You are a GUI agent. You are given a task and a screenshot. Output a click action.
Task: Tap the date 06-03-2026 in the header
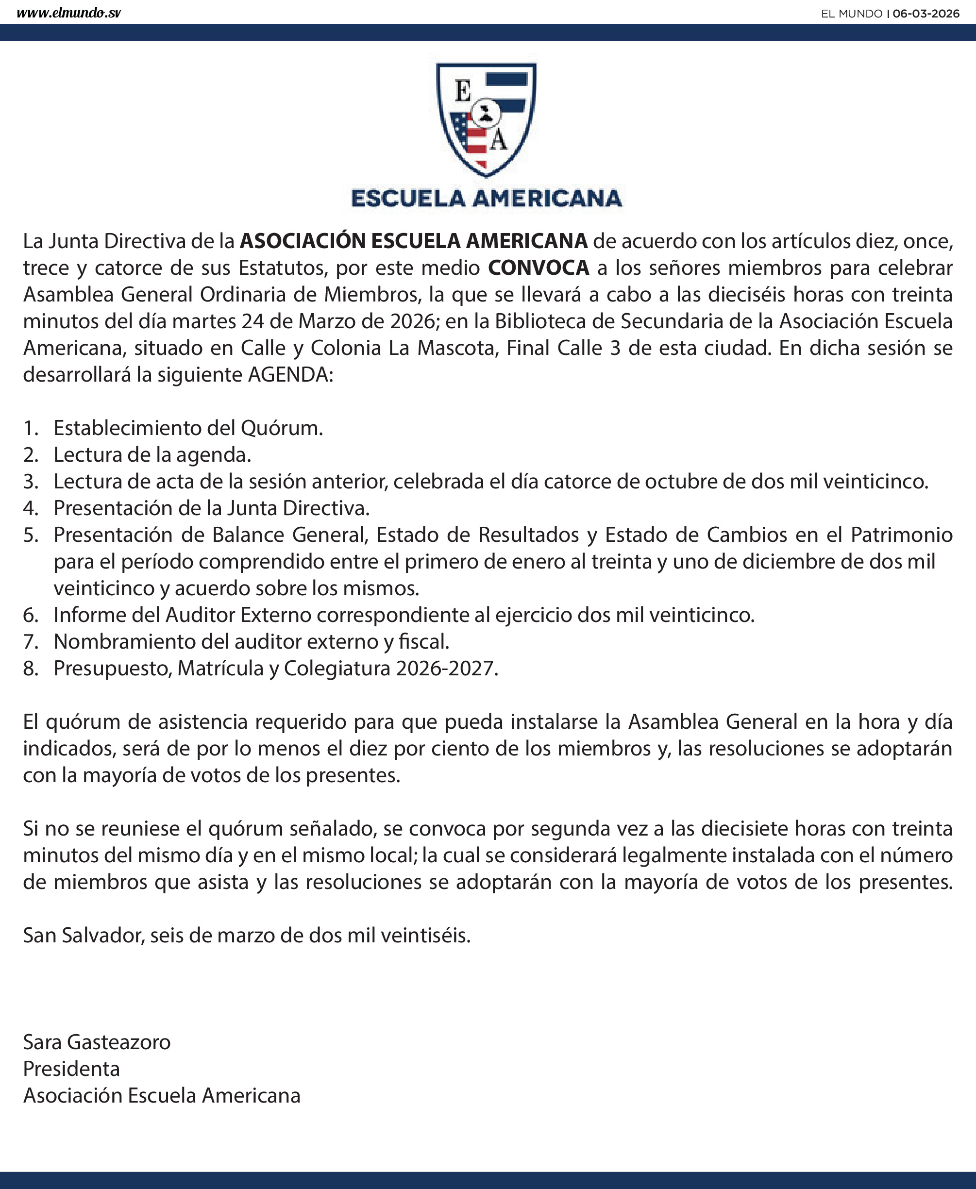tap(926, 14)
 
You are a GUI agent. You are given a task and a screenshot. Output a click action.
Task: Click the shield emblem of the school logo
tap(487, 118)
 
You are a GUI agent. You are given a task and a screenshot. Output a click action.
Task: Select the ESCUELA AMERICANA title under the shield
tap(487, 199)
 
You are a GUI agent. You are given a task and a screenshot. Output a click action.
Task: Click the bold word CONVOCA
tap(538, 268)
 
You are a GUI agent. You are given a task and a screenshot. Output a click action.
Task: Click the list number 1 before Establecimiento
tap(30, 428)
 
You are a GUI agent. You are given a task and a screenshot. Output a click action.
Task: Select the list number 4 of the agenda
tap(30, 508)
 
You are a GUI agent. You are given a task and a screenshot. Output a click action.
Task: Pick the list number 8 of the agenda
tap(30, 669)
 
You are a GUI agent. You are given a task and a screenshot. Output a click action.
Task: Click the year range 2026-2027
tap(446, 669)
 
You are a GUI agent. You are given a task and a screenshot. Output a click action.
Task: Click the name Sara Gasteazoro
tap(97, 1042)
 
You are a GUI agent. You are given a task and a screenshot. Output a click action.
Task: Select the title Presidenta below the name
tap(71, 1069)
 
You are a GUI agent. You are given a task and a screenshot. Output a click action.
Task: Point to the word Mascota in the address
tap(458, 348)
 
